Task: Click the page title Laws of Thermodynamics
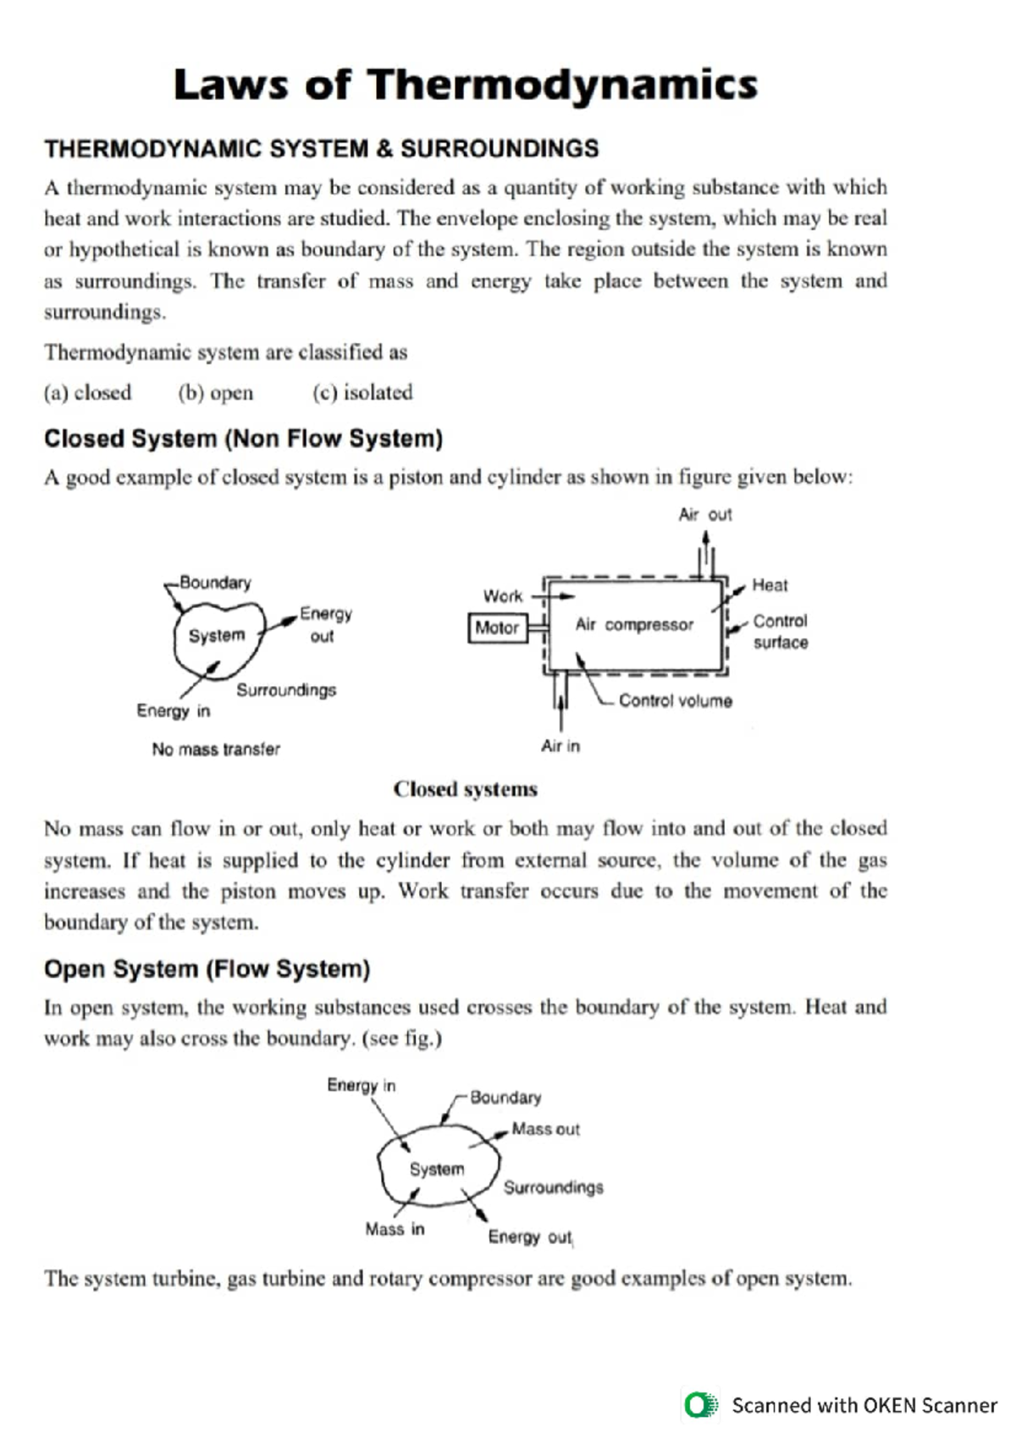465,86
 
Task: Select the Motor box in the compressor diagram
497,628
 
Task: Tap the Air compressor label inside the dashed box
634,625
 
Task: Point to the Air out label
704,515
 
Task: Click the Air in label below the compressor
560,746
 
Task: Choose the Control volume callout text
675,701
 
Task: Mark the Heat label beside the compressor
770,585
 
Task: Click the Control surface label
780,632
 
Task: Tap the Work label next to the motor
503,596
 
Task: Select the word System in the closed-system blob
217,636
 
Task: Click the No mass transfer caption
216,749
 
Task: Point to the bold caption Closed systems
465,789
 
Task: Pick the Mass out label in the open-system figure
545,1130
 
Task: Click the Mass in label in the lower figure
395,1229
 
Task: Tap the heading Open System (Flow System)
207,969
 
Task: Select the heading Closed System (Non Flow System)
243,439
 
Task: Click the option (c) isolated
362,393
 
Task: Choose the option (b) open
215,393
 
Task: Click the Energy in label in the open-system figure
361,1086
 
